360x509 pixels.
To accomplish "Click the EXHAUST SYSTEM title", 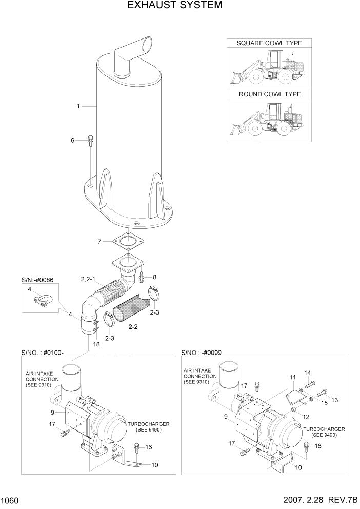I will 174,6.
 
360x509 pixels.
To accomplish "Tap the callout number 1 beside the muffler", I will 78,106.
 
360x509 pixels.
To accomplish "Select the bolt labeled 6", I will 90,140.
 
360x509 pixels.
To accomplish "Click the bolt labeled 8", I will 142,277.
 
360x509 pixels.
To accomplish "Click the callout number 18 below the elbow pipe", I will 95,344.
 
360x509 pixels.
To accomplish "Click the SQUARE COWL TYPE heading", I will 269,43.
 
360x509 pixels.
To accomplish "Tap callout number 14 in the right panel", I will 308,373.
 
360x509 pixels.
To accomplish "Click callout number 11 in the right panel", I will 292,377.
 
